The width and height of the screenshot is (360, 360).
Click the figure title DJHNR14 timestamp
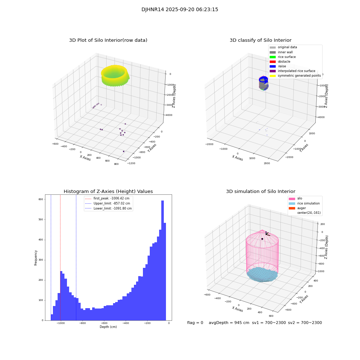pos(180,10)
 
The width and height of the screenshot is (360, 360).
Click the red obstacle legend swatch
pos(273,62)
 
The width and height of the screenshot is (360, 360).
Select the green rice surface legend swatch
pos(273,57)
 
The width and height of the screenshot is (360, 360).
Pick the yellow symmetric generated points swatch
pos(273,76)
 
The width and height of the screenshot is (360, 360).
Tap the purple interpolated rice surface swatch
pos(273,71)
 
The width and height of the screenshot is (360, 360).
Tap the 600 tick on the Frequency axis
pos(41,199)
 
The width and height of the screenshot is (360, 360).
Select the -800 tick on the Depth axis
pos(82,323)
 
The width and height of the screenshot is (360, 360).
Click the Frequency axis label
pos(36,258)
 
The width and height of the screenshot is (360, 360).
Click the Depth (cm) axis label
pos(108,327)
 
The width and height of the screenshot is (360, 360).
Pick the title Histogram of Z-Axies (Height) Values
pos(108,192)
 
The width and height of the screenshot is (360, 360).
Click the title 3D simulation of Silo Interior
pos(261,192)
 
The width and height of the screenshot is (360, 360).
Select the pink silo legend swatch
pos(292,199)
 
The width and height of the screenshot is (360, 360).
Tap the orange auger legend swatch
pos(292,208)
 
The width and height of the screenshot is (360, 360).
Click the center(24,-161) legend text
pos(309,213)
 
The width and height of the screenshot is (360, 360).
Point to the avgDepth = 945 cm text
pos(229,323)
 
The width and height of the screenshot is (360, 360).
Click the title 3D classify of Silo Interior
pos(261,40)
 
